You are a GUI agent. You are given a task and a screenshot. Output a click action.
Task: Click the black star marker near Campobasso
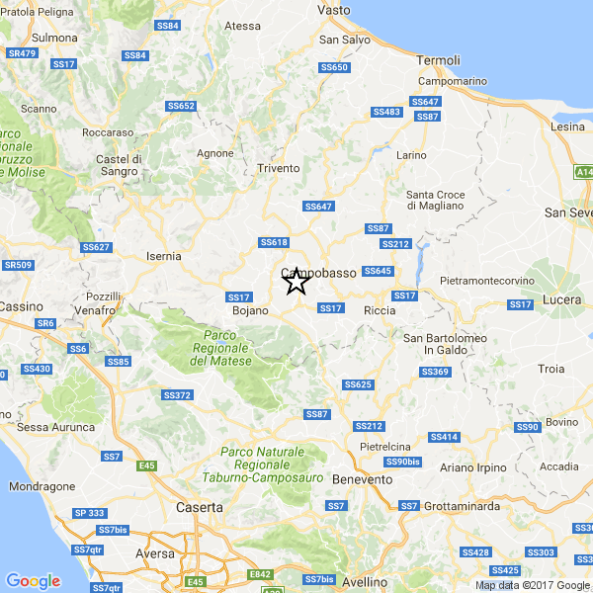(x=296, y=283)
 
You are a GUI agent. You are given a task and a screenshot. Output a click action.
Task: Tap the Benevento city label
(x=362, y=479)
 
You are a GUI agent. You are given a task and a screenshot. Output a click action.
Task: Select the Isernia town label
(x=163, y=256)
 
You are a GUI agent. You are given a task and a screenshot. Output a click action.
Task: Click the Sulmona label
(x=55, y=38)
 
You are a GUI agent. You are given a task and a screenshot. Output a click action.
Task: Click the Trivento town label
(x=278, y=168)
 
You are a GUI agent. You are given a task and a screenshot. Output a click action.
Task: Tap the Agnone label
(x=215, y=153)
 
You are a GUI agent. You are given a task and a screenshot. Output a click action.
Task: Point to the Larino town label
(x=411, y=155)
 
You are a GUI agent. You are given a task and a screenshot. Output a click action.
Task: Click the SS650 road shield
(x=335, y=67)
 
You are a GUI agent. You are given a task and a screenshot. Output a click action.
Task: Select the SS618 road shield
(x=274, y=242)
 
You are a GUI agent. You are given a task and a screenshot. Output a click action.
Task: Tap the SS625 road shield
(x=358, y=383)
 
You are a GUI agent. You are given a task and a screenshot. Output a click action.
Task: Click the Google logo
(x=33, y=580)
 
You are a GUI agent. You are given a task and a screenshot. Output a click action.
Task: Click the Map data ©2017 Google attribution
(x=533, y=585)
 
